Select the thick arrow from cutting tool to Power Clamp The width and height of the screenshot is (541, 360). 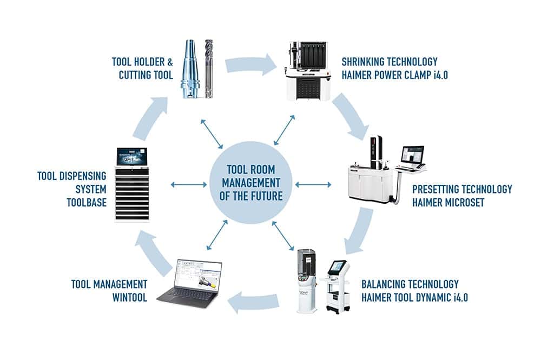(x=252, y=65)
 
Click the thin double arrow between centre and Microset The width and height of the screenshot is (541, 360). (x=314, y=185)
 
